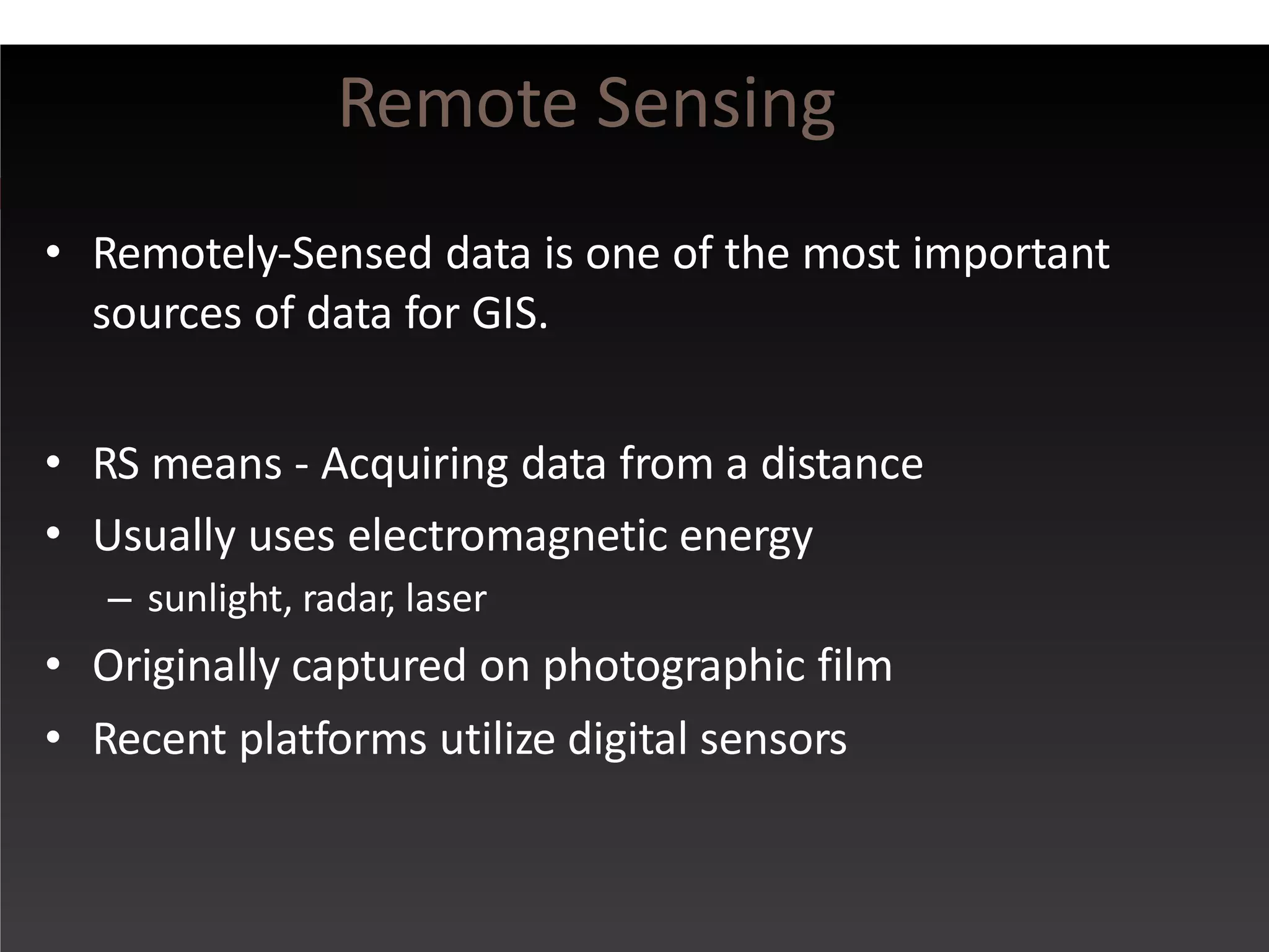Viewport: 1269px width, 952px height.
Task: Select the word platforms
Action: point(333,740)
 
